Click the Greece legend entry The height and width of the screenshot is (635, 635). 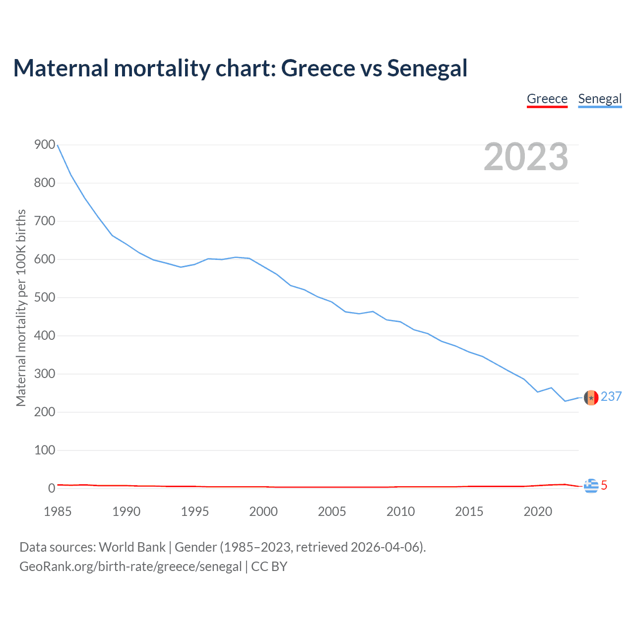[x=547, y=99]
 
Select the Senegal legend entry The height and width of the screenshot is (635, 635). [x=600, y=99]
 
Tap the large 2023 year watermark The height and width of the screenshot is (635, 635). [x=526, y=157]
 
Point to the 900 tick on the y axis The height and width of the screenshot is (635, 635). [x=45, y=145]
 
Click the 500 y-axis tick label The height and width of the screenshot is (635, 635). [x=45, y=298]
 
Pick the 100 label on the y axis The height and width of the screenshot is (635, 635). [x=45, y=450]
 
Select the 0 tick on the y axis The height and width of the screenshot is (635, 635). [x=52, y=489]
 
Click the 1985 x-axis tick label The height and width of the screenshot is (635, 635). [x=58, y=511]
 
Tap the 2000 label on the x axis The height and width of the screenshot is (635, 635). [x=263, y=511]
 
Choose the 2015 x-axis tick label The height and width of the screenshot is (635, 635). [x=469, y=511]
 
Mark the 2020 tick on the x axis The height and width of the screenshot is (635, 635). [x=538, y=511]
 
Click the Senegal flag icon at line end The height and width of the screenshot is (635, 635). [x=591, y=398]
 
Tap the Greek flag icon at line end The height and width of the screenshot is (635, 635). [x=591, y=486]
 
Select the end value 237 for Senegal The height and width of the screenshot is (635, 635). [x=611, y=396]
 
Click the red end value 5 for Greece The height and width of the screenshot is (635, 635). [x=604, y=486]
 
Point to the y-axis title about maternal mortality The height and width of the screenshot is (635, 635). [x=21, y=308]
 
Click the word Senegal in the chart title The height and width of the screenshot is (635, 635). [x=427, y=68]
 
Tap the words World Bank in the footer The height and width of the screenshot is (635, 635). [x=132, y=547]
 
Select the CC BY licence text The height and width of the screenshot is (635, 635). [x=269, y=567]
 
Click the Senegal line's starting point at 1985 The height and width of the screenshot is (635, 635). [x=58, y=145]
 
